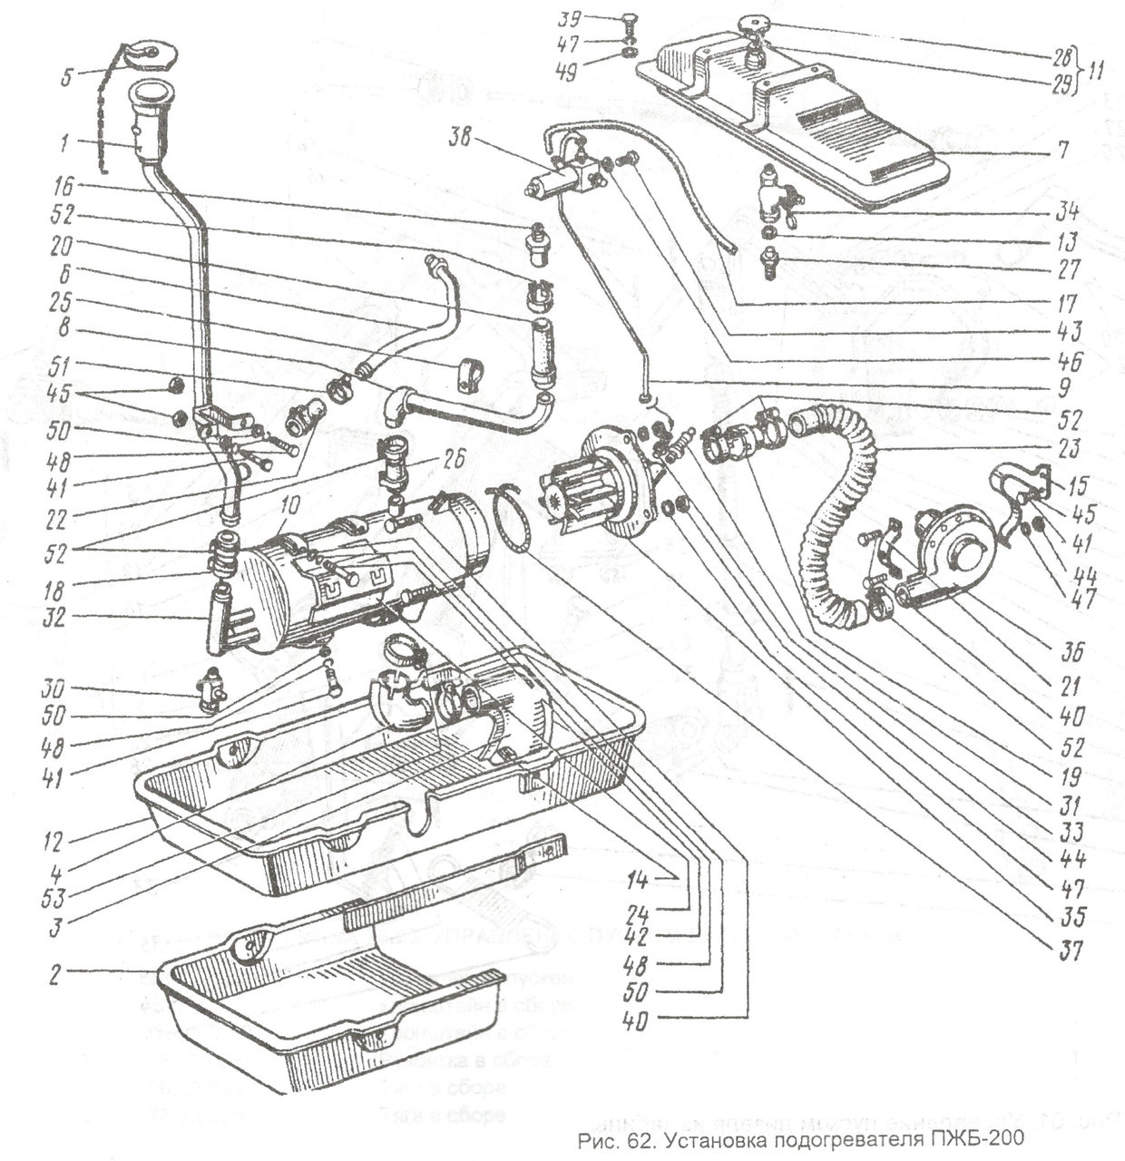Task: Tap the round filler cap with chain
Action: coord(145,54)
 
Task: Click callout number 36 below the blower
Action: coord(1075,651)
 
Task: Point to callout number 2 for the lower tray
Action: coord(55,976)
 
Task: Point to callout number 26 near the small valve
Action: coord(455,460)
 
